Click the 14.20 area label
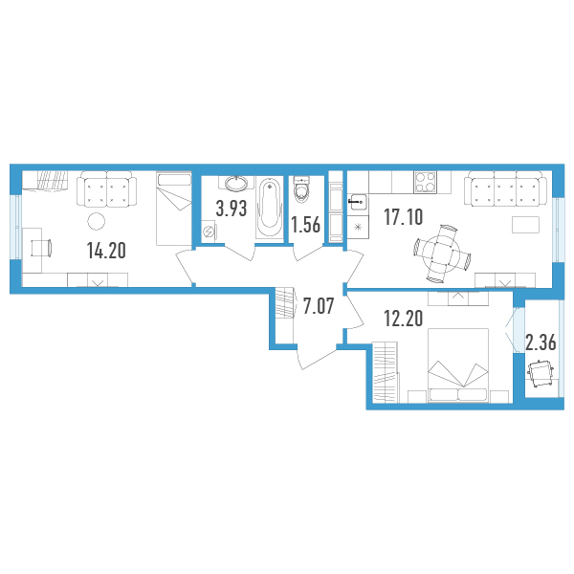pyautogui.click(x=106, y=251)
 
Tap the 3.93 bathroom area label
pyautogui.click(x=232, y=209)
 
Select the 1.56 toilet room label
pyautogui.click(x=306, y=225)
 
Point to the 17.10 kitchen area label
pyautogui.click(x=404, y=216)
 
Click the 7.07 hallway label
pyautogui.click(x=319, y=306)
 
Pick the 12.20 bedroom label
pyautogui.click(x=404, y=318)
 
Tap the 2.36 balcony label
pyautogui.click(x=541, y=342)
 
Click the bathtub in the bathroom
pyautogui.click(x=270, y=209)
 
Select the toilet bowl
pyautogui.click(x=302, y=189)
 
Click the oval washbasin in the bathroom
pyautogui.click(x=235, y=184)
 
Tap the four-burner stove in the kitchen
pyautogui.click(x=426, y=182)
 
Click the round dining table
pyautogui.click(x=441, y=254)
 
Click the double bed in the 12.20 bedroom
pyautogui.click(x=458, y=365)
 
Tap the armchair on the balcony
pyautogui.click(x=541, y=373)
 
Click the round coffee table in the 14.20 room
pyautogui.click(x=97, y=221)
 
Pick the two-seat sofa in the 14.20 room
pyautogui.click(x=106, y=188)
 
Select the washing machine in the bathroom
pyautogui.click(x=209, y=231)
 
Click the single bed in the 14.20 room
pyautogui.click(x=174, y=209)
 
